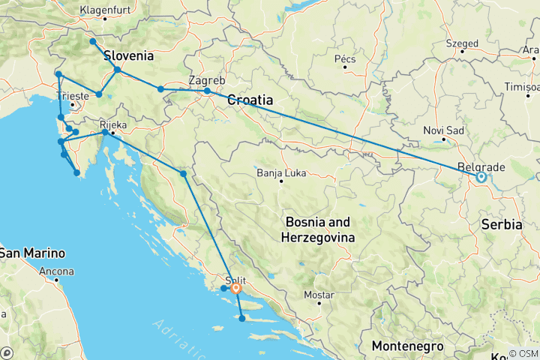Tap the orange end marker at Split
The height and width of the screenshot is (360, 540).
point(236,288)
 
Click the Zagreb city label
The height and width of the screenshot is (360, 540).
point(207,79)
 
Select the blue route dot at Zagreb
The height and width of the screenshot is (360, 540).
point(207,91)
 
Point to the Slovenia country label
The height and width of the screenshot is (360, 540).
point(128,55)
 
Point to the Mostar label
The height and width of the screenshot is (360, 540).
point(319,295)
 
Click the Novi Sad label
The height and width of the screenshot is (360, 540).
point(445,130)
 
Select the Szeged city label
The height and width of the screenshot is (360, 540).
point(461,43)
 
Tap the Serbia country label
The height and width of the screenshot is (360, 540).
point(502,224)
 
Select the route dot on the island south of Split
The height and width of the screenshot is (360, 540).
point(242,319)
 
